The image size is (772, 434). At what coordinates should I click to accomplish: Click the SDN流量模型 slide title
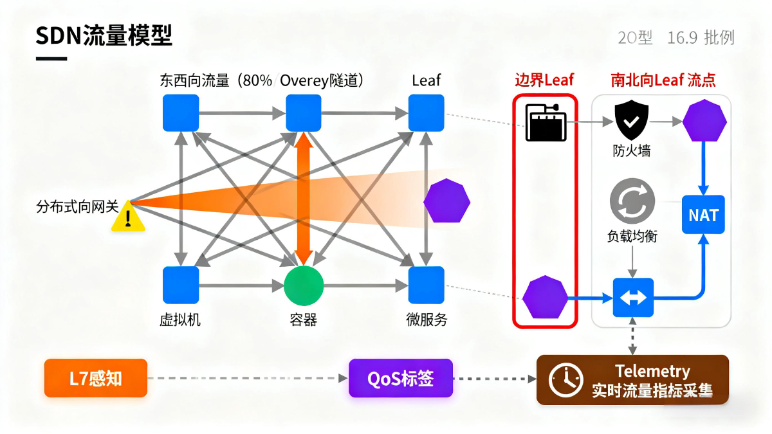point(104,35)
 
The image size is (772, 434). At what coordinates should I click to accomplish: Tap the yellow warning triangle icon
point(128,217)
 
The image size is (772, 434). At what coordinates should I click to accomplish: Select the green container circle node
point(303,286)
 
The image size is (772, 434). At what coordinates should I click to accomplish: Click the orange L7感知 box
point(96,378)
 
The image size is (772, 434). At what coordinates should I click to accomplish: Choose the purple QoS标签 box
point(401,378)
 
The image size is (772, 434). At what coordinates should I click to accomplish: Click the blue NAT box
point(703,215)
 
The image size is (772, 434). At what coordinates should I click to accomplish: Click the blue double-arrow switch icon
point(633,298)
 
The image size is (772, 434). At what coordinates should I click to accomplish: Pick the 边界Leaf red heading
point(544,80)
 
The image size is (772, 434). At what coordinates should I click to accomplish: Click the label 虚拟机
point(180,319)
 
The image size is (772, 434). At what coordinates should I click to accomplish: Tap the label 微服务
point(427,319)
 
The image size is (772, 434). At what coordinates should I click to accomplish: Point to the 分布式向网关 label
point(77,207)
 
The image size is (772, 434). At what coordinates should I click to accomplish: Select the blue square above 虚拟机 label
point(181,285)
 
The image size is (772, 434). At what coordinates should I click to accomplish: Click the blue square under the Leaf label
point(427,113)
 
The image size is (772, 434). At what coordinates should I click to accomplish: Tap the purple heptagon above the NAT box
point(704,121)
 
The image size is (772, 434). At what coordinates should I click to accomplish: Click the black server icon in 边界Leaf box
point(546,122)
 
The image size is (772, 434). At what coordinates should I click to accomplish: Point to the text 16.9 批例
point(701,38)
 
